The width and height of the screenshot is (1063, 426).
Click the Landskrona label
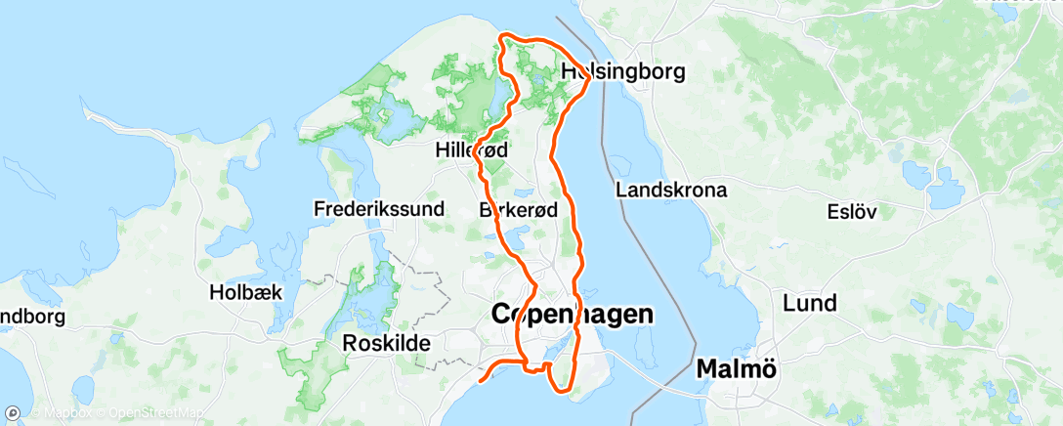671,191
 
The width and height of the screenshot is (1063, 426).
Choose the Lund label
809,303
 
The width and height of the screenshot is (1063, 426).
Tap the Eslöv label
853,211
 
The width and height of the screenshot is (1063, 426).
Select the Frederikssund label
379,208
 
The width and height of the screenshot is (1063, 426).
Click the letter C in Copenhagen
499,315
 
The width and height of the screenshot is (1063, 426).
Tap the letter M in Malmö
707,369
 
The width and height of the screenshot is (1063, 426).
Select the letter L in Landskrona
620,191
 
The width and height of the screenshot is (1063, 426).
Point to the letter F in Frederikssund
319,208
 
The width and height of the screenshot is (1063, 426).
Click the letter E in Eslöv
832,211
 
